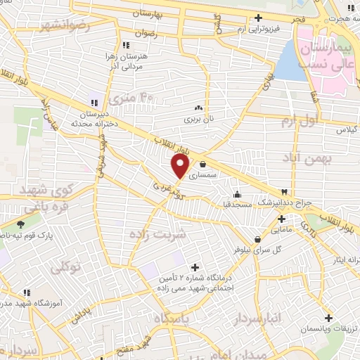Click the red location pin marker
pyautogui.click(x=180, y=166)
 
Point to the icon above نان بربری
pyautogui.click(x=198, y=108)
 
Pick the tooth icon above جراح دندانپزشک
pyautogui.click(x=284, y=191)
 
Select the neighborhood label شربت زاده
pyautogui.click(x=159, y=234)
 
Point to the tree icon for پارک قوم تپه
pyautogui.click(x=20, y=224)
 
